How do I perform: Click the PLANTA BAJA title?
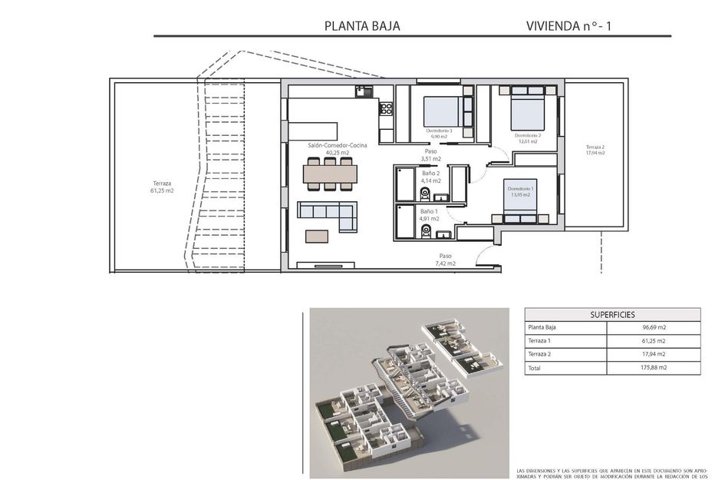point(362,26)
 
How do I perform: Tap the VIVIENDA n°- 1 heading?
point(568,26)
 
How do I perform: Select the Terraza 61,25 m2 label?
point(163,187)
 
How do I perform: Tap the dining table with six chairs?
point(330,174)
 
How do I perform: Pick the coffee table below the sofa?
point(317,237)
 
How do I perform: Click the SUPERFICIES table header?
point(612,314)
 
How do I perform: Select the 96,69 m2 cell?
point(654,327)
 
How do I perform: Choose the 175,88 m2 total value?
point(654,368)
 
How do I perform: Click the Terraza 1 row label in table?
point(540,340)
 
